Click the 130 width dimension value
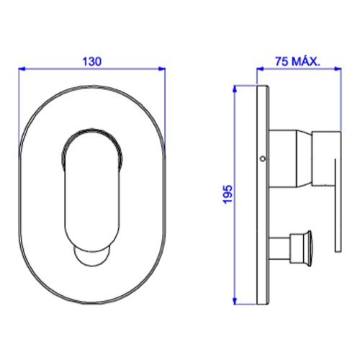(92, 61)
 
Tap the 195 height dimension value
(228, 194)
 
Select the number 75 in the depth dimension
(282, 61)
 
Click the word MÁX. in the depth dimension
(306, 61)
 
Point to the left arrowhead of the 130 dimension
(22, 69)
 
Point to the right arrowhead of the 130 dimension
(162, 69)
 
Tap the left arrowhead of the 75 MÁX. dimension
(260, 69)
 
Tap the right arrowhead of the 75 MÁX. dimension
(338, 69)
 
